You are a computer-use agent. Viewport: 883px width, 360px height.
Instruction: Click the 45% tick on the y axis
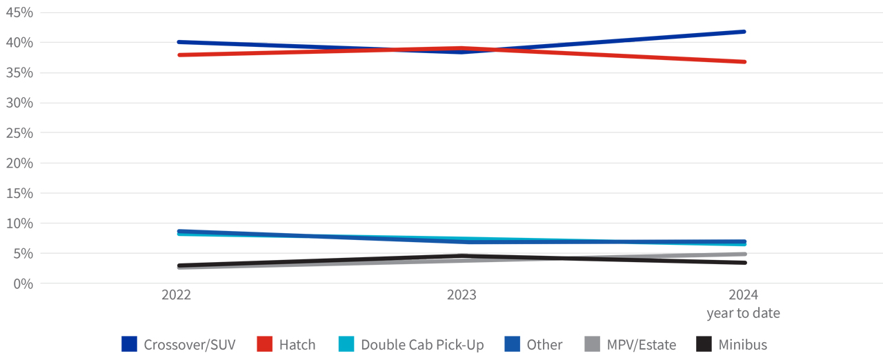(19, 12)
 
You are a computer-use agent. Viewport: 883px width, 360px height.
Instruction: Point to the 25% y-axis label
(19, 132)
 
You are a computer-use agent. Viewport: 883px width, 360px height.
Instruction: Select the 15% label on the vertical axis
(19, 193)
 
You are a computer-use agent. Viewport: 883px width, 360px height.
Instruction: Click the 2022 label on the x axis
(177, 294)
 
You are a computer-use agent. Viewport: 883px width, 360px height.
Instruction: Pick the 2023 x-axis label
(461, 294)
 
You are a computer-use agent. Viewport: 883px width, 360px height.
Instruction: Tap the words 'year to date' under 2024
(744, 313)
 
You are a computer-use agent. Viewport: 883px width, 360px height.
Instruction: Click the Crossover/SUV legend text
(190, 345)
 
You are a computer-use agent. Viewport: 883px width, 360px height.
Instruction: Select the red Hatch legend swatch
(265, 344)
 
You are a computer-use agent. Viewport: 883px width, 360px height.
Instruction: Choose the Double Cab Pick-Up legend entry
(422, 345)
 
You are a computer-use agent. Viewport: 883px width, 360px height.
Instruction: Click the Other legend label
(544, 345)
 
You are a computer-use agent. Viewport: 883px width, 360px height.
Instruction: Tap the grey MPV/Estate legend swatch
(592, 344)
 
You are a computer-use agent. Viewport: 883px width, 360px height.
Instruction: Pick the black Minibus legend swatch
(704, 344)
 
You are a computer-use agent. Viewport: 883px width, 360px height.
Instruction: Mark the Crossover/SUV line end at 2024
(744, 32)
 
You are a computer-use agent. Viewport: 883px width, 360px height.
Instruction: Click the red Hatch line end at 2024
(744, 62)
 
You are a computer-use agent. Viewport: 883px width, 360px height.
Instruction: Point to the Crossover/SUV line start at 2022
(179, 42)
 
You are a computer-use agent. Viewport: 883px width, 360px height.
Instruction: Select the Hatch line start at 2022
(179, 54)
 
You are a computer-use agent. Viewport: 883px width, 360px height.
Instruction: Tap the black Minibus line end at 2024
(744, 263)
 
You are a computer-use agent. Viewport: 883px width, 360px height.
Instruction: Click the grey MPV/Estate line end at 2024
(744, 254)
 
